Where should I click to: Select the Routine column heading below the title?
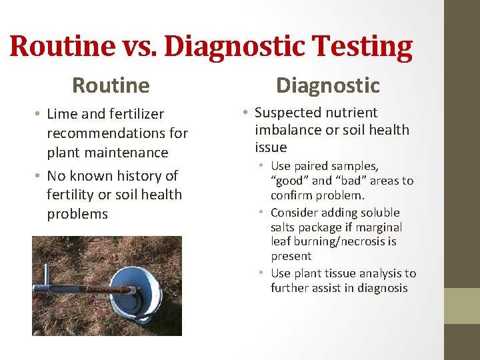(x=111, y=85)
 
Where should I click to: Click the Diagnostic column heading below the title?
(x=327, y=85)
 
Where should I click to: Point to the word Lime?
(x=62, y=115)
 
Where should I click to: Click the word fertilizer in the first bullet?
(x=134, y=115)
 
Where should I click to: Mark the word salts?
(x=285, y=227)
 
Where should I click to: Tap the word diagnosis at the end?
(x=378, y=288)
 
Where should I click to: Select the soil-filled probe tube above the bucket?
(x=93, y=289)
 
